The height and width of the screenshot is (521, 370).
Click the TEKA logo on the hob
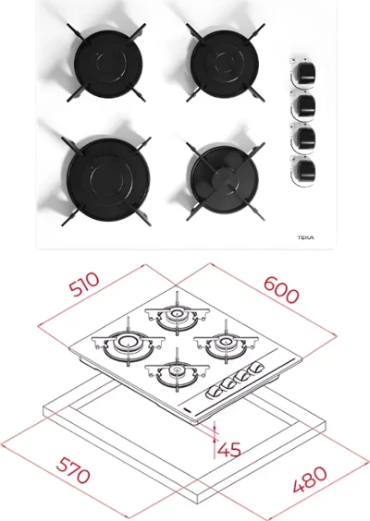(305, 237)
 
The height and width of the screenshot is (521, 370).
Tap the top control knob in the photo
(303, 72)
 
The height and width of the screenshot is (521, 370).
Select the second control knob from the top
(303, 105)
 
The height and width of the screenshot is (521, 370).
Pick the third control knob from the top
(303, 138)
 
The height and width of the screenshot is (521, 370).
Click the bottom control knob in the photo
(303, 171)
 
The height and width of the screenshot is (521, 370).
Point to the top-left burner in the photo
(108, 63)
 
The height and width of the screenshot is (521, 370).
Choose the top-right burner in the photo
(225, 63)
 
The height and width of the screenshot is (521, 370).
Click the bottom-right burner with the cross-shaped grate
(224, 181)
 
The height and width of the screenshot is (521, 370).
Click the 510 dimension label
(85, 284)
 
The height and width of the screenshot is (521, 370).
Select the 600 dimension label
(281, 290)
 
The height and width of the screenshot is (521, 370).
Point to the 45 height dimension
(228, 449)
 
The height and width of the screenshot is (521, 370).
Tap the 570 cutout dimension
(73, 469)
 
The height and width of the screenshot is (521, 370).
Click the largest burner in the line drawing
(128, 345)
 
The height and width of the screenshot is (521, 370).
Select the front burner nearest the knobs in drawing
(177, 371)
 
